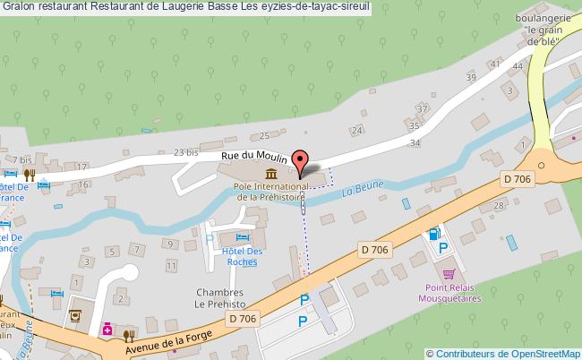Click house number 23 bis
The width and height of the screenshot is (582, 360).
point(184,153)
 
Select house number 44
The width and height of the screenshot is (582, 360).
point(518,66)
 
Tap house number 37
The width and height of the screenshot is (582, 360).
point(422,108)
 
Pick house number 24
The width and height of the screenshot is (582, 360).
point(357,131)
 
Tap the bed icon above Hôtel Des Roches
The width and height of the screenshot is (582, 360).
point(241,236)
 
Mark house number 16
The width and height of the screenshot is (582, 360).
point(82,184)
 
